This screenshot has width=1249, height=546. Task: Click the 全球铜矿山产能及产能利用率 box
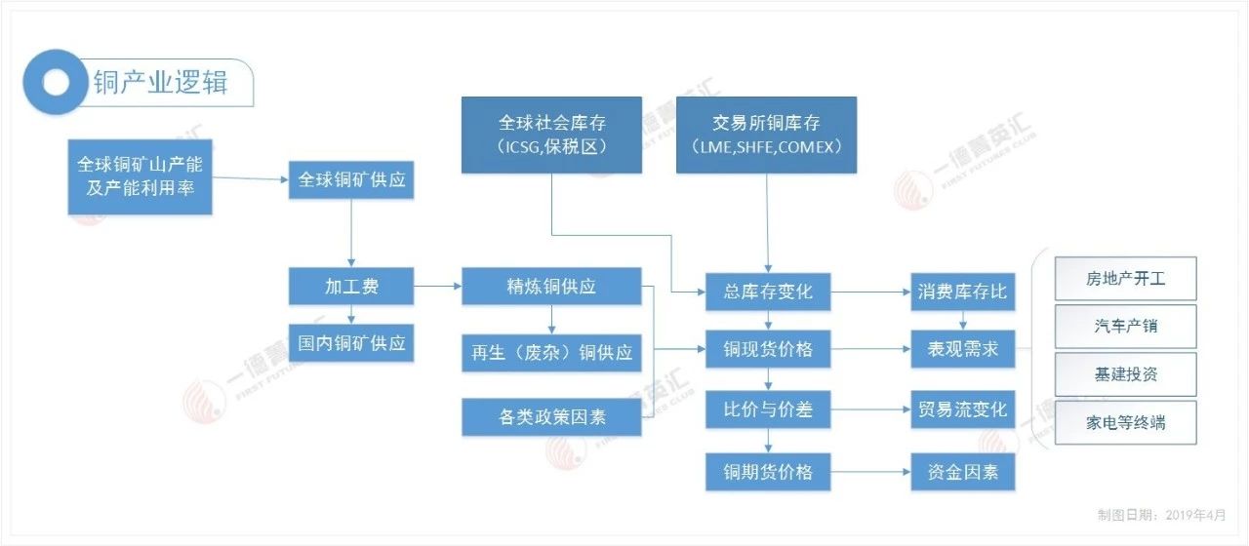(141, 175)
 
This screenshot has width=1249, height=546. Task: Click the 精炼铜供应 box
(551, 287)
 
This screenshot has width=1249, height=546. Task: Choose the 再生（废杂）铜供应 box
(551, 352)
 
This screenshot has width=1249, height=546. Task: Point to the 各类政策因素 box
(551, 416)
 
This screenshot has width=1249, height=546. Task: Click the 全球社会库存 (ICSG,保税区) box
(551, 135)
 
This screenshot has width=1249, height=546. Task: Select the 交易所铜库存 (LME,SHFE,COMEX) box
(766, 135)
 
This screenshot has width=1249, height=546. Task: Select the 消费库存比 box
(962, 292)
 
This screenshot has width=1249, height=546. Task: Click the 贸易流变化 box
(962, 409)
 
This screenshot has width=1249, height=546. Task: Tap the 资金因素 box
(962, 473)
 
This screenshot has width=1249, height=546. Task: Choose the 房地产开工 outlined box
(1125, 279)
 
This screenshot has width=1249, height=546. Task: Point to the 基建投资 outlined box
(1125, 374)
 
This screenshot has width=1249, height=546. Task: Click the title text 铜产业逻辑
(160, 82)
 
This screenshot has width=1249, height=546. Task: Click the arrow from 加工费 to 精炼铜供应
(437, 287)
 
